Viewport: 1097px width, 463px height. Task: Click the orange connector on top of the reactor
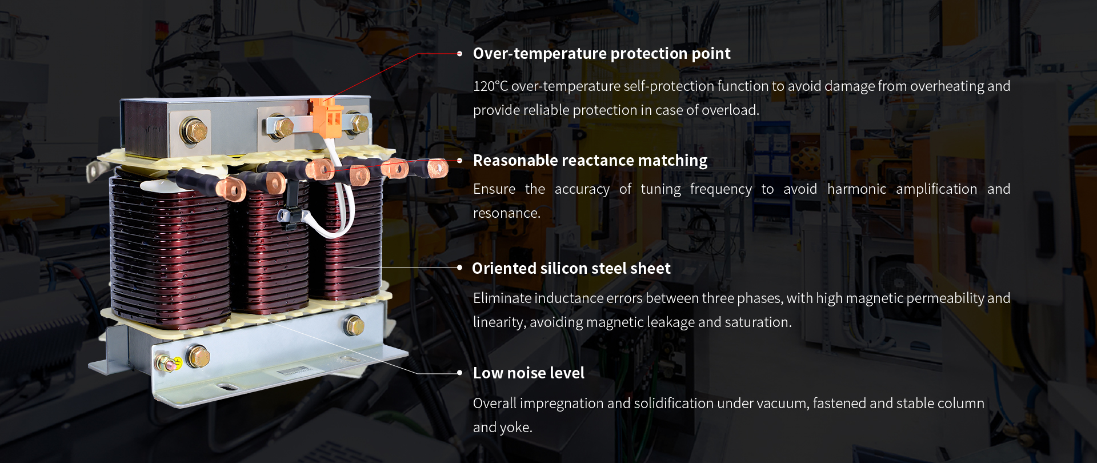(326, 117)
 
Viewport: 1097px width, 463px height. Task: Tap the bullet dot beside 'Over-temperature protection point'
(459, 54)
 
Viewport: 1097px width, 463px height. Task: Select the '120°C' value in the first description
(490, 86)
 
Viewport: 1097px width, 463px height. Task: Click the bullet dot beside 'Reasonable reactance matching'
(459, 161)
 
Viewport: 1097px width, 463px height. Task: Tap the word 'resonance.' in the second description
(507, 213)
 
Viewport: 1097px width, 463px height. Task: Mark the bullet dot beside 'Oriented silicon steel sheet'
(459, 268)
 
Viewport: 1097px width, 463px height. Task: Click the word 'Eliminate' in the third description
(502, 298)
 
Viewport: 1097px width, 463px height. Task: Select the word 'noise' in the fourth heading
(526, 373)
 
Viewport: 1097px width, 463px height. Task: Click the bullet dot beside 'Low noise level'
(459, 373)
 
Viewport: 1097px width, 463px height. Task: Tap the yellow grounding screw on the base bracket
(168, 362)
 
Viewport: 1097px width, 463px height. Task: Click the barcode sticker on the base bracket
(295, 371)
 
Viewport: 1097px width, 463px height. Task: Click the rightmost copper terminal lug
(438, 169)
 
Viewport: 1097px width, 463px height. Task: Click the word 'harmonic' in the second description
(857, 189)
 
